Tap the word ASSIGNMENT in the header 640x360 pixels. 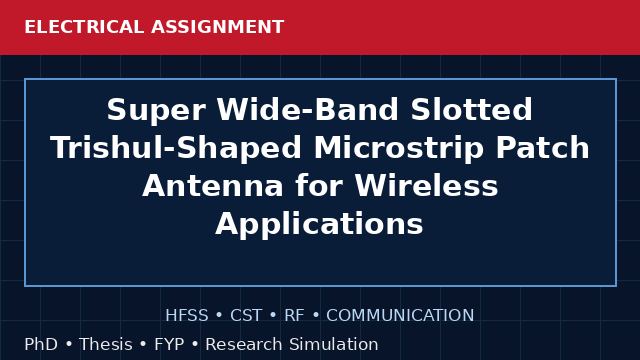218,27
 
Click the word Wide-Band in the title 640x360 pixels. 307,109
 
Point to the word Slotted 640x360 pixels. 471,109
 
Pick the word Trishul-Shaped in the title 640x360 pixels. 176,148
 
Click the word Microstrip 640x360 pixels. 398,148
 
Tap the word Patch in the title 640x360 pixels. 542,147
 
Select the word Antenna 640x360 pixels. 213,186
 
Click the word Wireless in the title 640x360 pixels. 427,185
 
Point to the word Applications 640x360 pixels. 319,224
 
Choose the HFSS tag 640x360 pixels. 187,316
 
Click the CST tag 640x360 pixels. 246,316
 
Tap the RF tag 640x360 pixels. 294,316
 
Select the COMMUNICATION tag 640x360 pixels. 400,316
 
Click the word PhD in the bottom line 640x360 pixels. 41,344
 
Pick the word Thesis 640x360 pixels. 106,344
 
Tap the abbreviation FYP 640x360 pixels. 169,344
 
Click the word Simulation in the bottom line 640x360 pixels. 334,344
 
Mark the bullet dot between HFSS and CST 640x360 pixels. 219,316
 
